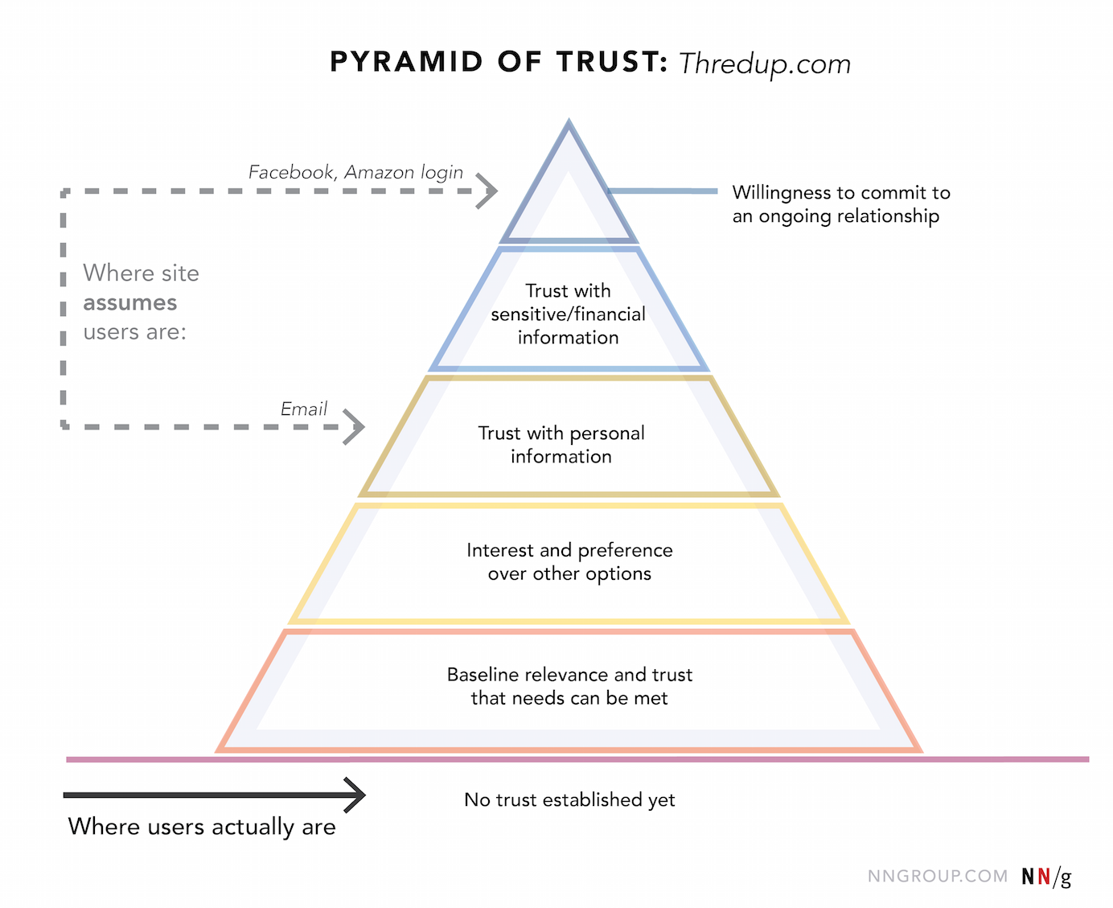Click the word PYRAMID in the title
click(x=406, y=62)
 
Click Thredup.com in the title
click(x=764, y=64)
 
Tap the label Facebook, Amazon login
click(x=355, y=172)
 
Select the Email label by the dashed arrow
click(x=304, y=409)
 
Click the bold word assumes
click(x=129, y=302)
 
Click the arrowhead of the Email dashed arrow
click(x=355, y=426)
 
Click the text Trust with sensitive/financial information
click(x=569, y=314)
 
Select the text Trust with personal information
click(x=561, y=445)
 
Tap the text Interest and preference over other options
click(x=569, y=561)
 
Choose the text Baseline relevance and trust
click(x=569, y=675)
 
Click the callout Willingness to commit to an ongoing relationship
click(x=840, y=204)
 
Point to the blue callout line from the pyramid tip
click(x=663, y=191)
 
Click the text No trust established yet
click(x=569, y=799)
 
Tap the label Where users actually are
click(x=202, y=827)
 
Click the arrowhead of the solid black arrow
click(x=356, y=795)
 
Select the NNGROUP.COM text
click(x=937, y=876)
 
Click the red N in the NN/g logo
click(x=1044, y=876)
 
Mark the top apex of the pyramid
click(x=569, y=123)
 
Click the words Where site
click(x=141, y=273)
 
